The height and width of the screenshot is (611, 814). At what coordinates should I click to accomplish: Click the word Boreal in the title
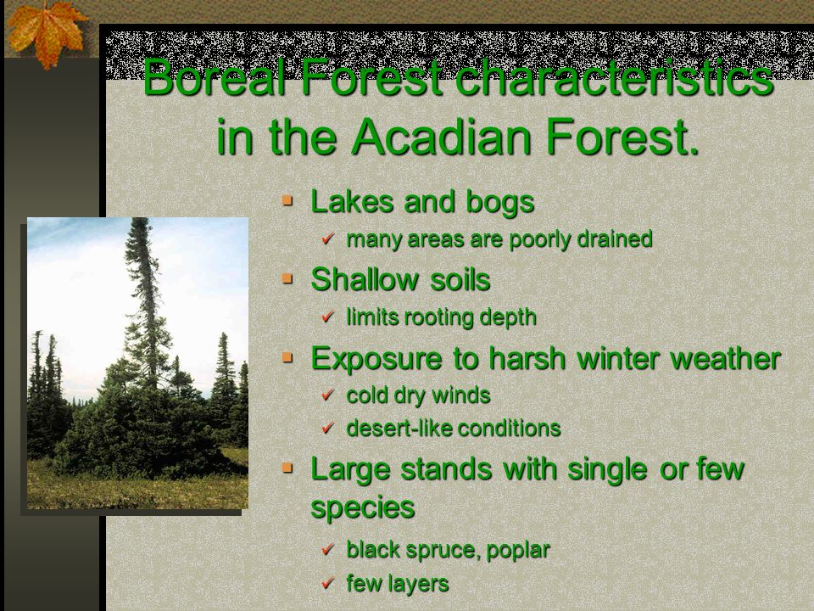click(215, 77)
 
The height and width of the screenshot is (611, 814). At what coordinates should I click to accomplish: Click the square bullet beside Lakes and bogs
click(287, 200)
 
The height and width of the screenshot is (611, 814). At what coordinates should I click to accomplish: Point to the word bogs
click(500, 203)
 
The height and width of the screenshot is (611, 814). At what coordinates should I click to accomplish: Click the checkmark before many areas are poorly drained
click(327, 238)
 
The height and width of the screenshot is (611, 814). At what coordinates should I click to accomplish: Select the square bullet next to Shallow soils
click(287, 279)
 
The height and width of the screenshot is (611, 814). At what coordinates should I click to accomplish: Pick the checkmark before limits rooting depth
click(327, 317)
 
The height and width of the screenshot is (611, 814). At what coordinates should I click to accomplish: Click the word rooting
click(438, 318)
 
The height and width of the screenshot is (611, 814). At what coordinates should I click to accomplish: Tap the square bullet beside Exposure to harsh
click(287, 357)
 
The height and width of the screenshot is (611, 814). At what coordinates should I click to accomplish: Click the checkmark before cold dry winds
click(327, 395)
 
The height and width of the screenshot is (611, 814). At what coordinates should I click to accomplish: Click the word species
click(362, 507)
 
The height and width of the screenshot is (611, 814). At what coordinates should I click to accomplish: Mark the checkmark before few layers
click(327, 583)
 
